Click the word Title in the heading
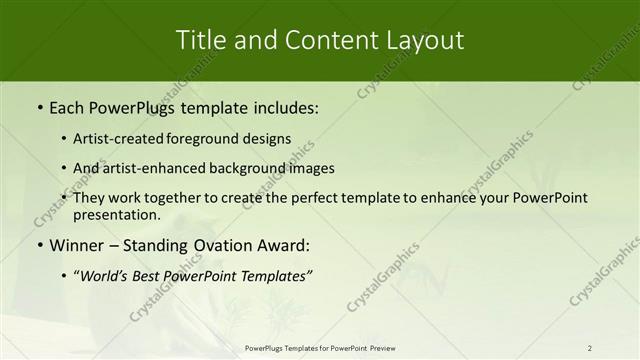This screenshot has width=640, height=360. tap(201, 40)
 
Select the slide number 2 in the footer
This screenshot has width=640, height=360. tap(590, 348)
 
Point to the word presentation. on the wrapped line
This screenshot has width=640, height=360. tap(117, 215)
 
